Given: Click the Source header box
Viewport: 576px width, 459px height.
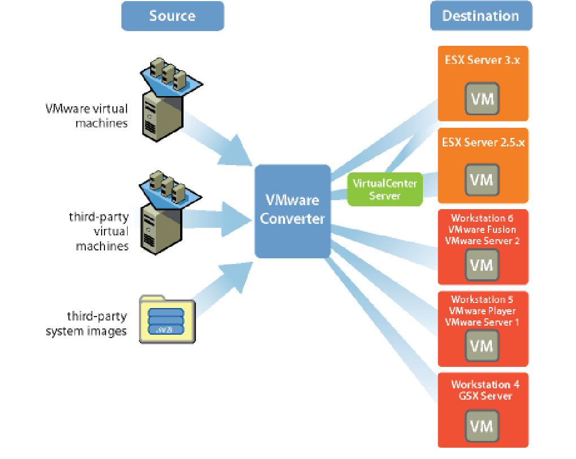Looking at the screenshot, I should tap(172, 16).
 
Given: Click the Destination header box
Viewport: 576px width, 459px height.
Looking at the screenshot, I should tap(481, 16).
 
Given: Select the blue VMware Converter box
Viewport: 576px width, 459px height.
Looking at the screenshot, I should tap(292, 210).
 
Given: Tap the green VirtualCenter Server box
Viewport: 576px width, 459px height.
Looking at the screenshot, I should tap(385, 189).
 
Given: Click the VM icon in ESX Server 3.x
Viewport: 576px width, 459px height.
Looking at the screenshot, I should tap(482, 99).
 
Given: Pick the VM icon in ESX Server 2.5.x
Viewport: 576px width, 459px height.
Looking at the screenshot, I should tap(482, 180).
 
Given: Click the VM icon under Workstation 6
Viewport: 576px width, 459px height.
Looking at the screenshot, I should tap(482, 264).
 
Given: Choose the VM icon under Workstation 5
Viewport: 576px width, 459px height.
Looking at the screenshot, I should tap(482, 345).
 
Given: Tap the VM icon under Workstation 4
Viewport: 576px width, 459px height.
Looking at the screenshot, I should tap(482, 425).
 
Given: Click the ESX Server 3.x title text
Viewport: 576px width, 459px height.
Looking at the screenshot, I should tap(482, 60).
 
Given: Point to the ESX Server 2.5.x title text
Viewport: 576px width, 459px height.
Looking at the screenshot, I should tap(483, 142).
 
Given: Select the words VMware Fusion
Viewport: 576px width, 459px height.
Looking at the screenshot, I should tap(482, 229).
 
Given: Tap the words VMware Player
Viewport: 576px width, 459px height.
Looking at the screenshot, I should tap(482, 311).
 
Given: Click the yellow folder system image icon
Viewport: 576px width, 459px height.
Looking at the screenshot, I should tap(167, 319).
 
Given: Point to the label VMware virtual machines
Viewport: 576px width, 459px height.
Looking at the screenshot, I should tap(87, 115).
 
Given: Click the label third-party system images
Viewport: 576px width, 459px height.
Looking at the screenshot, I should tap(86, 324).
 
